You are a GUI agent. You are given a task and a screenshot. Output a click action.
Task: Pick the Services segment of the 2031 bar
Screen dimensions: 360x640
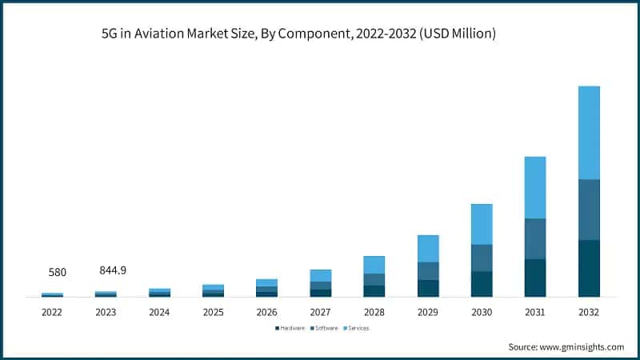[x=535, y=187]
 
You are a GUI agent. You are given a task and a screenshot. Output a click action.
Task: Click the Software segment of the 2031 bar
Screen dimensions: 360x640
[x=535, y=238]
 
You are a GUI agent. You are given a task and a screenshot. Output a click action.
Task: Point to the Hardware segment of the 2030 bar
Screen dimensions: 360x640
[x=482, y=284]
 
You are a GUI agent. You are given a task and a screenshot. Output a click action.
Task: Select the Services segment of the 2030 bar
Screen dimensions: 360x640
[x=482, y=224]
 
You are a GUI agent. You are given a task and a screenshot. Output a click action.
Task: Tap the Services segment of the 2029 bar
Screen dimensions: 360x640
[x=428, y=248]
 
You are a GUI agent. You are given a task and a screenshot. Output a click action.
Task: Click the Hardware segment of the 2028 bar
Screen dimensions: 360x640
[x=374, y=290]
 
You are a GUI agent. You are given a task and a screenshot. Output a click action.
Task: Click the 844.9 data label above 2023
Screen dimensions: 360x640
[x=110, y=270]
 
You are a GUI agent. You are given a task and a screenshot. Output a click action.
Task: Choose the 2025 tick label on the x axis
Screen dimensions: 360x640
[x=213, y=311]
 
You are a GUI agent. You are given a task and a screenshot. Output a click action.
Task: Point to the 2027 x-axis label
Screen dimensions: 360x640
[x=320, y=311]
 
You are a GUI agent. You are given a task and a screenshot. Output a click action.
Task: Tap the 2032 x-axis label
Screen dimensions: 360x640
[x=588, y=311]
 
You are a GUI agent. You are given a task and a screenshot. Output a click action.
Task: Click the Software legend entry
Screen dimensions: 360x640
[x=323, y=328]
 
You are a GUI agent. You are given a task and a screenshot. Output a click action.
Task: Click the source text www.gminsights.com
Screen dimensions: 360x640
[x=583, y=346]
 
